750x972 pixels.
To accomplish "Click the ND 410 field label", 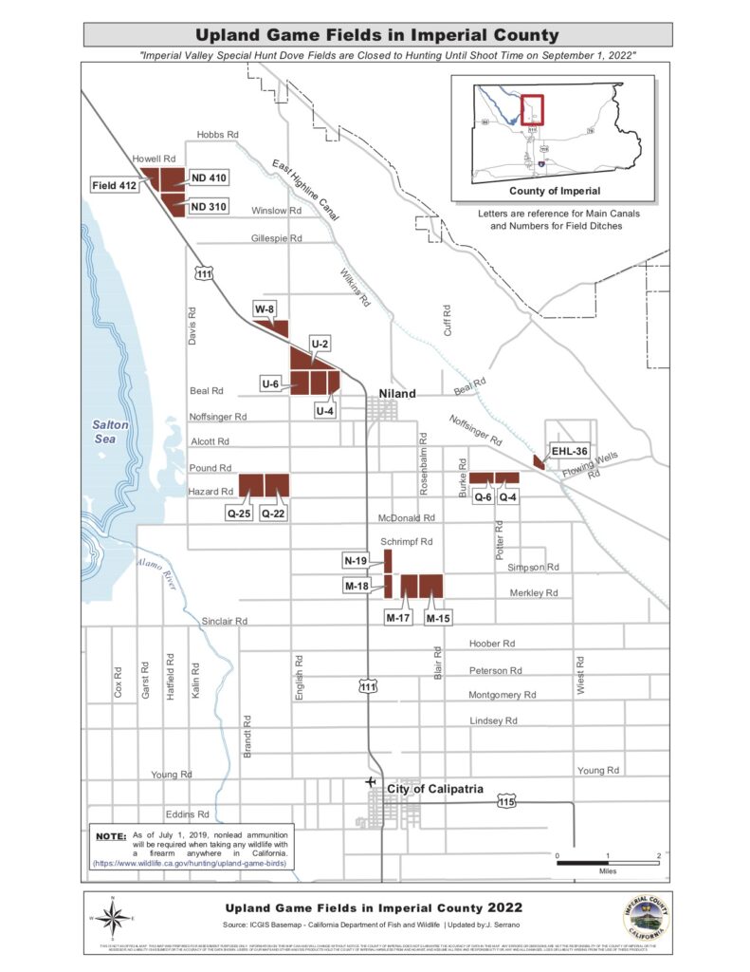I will click(209, 178).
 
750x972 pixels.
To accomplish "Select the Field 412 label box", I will click(115, 186).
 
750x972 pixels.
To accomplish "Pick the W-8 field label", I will click(265, 308).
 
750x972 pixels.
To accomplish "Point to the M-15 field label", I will click(438, 618).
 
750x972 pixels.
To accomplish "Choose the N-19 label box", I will click(355, 561).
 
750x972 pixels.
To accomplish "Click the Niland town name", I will click(397, 393).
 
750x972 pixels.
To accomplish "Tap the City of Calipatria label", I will click(434, 789).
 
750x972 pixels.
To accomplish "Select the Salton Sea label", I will click(110, 432).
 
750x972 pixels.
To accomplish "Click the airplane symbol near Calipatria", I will click(370, 781).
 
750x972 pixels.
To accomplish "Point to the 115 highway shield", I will click(507, 802).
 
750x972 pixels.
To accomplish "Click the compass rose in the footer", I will click(113, 917).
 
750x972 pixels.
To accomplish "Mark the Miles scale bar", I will click(608, 863).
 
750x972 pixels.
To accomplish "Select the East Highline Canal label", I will click(305, 191).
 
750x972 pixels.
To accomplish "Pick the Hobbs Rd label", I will click(216, 136).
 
